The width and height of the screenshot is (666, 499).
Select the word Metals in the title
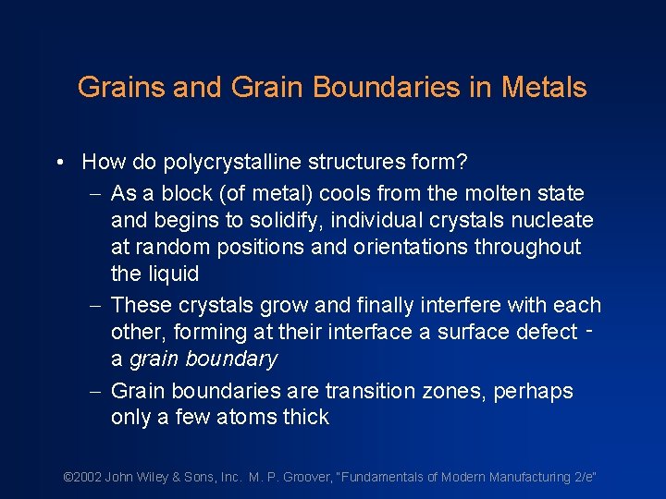(544, 88)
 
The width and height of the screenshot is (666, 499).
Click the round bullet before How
(59, 163)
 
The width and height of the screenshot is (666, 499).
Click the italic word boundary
(231, 359)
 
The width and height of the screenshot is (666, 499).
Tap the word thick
(304, 418)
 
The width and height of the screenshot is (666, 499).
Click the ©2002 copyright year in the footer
(82, 477)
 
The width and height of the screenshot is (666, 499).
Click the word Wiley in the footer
(154, 477)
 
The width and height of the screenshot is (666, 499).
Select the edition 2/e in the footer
(581, 477)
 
